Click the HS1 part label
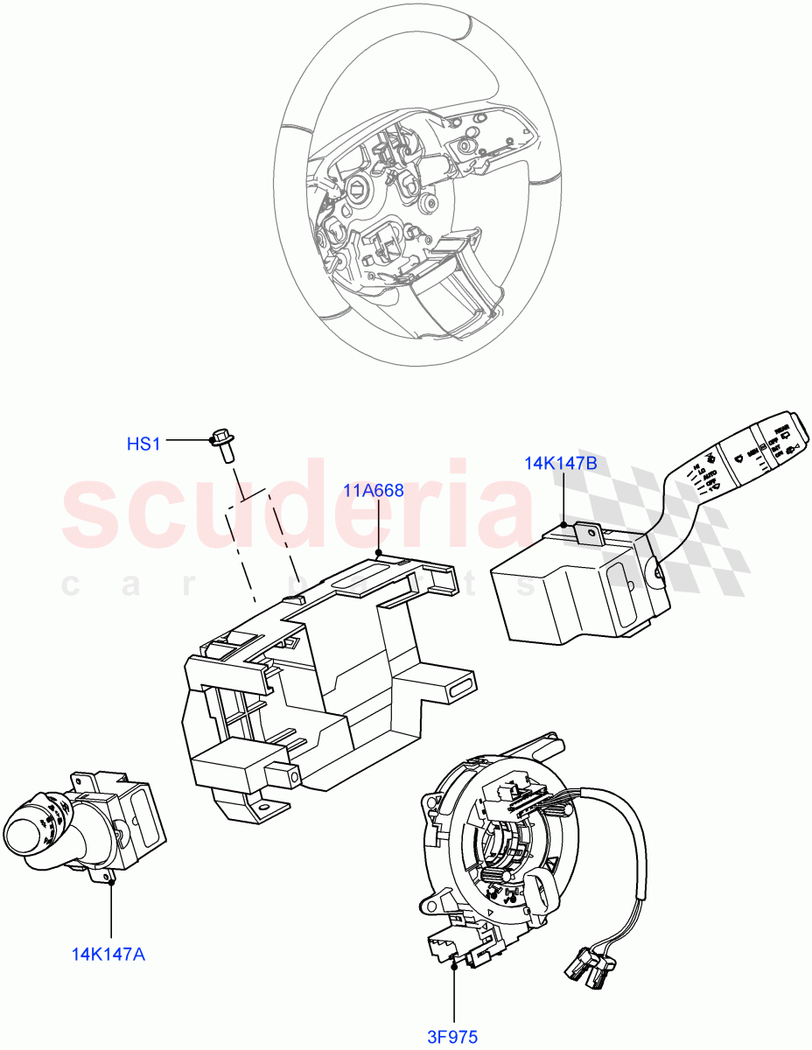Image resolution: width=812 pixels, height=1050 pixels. pos(143,444)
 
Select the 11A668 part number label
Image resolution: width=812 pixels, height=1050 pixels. pos(373,491)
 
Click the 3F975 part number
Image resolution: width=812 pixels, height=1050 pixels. pos(452,1037)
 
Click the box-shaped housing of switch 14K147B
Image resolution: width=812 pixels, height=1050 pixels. pos(560,595)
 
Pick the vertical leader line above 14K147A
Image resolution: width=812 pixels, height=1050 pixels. pos(112,910)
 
